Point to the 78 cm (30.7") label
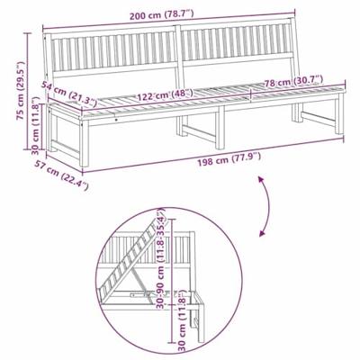pyautogui.click(x=291, y=84)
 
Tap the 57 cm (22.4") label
pyautogui.click(x=66, y=175)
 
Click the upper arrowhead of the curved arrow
pyautogui.click(x=261, y=181)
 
